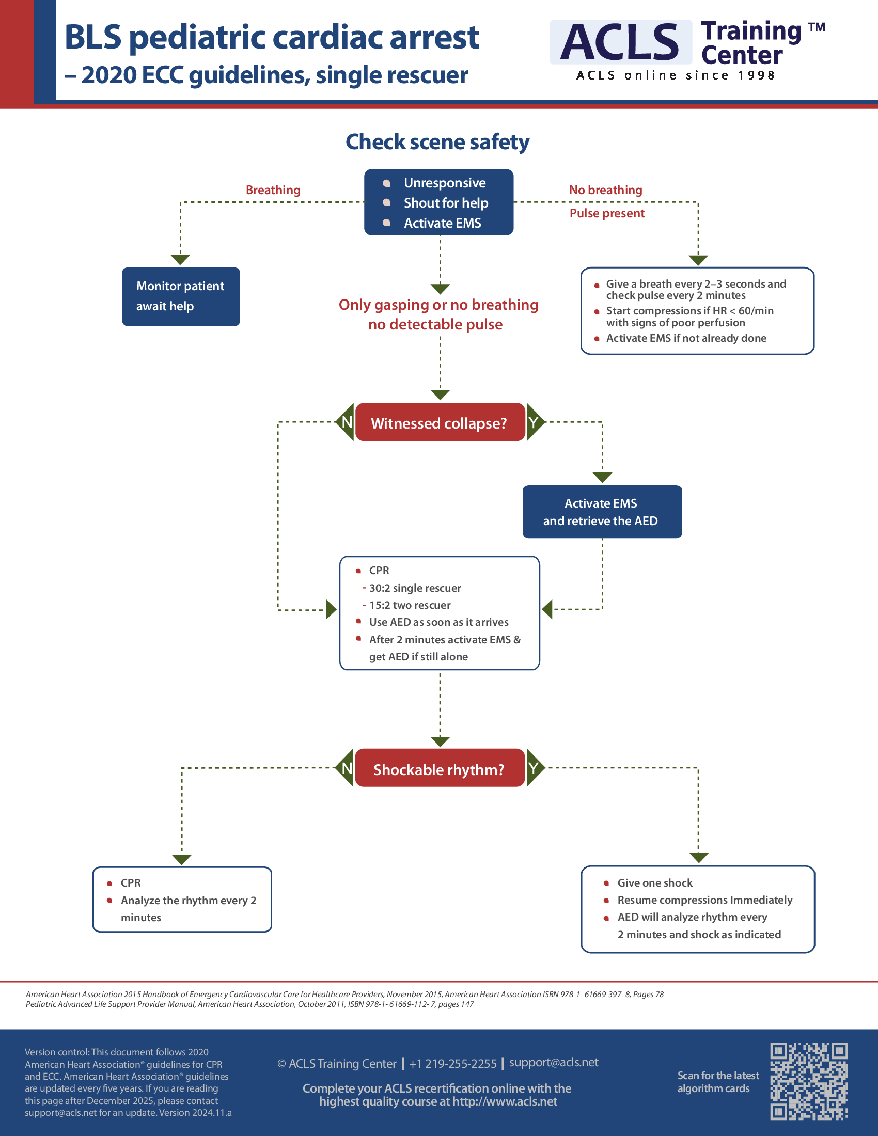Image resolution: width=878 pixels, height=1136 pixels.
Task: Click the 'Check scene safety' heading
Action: coord(437,142)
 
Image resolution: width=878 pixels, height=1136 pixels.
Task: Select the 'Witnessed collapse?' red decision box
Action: coord(440,423)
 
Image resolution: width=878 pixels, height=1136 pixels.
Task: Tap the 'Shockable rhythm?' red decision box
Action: coord(440,769)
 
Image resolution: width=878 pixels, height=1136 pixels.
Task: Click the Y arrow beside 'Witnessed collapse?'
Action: coord(534,422)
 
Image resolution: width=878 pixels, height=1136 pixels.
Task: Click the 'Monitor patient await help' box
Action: coord(180,296)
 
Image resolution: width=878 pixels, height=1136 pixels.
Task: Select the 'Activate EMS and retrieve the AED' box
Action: coord(601,512)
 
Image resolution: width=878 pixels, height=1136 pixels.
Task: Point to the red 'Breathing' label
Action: coord(273,190)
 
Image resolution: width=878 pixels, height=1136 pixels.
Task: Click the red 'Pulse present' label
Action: coord(606,213)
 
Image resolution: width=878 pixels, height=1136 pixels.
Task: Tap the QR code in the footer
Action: coord(809,1081)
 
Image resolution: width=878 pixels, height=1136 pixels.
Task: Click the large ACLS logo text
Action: coord(620,43)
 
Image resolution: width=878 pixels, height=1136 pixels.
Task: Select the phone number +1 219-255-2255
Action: coord(452,1064)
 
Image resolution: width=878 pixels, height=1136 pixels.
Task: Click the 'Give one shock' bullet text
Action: coord(654,882)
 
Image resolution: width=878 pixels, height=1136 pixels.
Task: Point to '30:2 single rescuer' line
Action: coord(415,588)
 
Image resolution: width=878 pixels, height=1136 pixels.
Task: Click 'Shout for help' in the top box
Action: coord(446,203)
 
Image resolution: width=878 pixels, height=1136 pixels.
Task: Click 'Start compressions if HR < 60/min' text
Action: coord(689,311)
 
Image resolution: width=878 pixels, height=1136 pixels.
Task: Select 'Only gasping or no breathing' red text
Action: coord(438,305)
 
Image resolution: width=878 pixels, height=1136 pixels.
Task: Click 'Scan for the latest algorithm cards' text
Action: coord(717,1082)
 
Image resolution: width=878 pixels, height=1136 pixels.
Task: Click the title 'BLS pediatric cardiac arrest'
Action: coord(272,38)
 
